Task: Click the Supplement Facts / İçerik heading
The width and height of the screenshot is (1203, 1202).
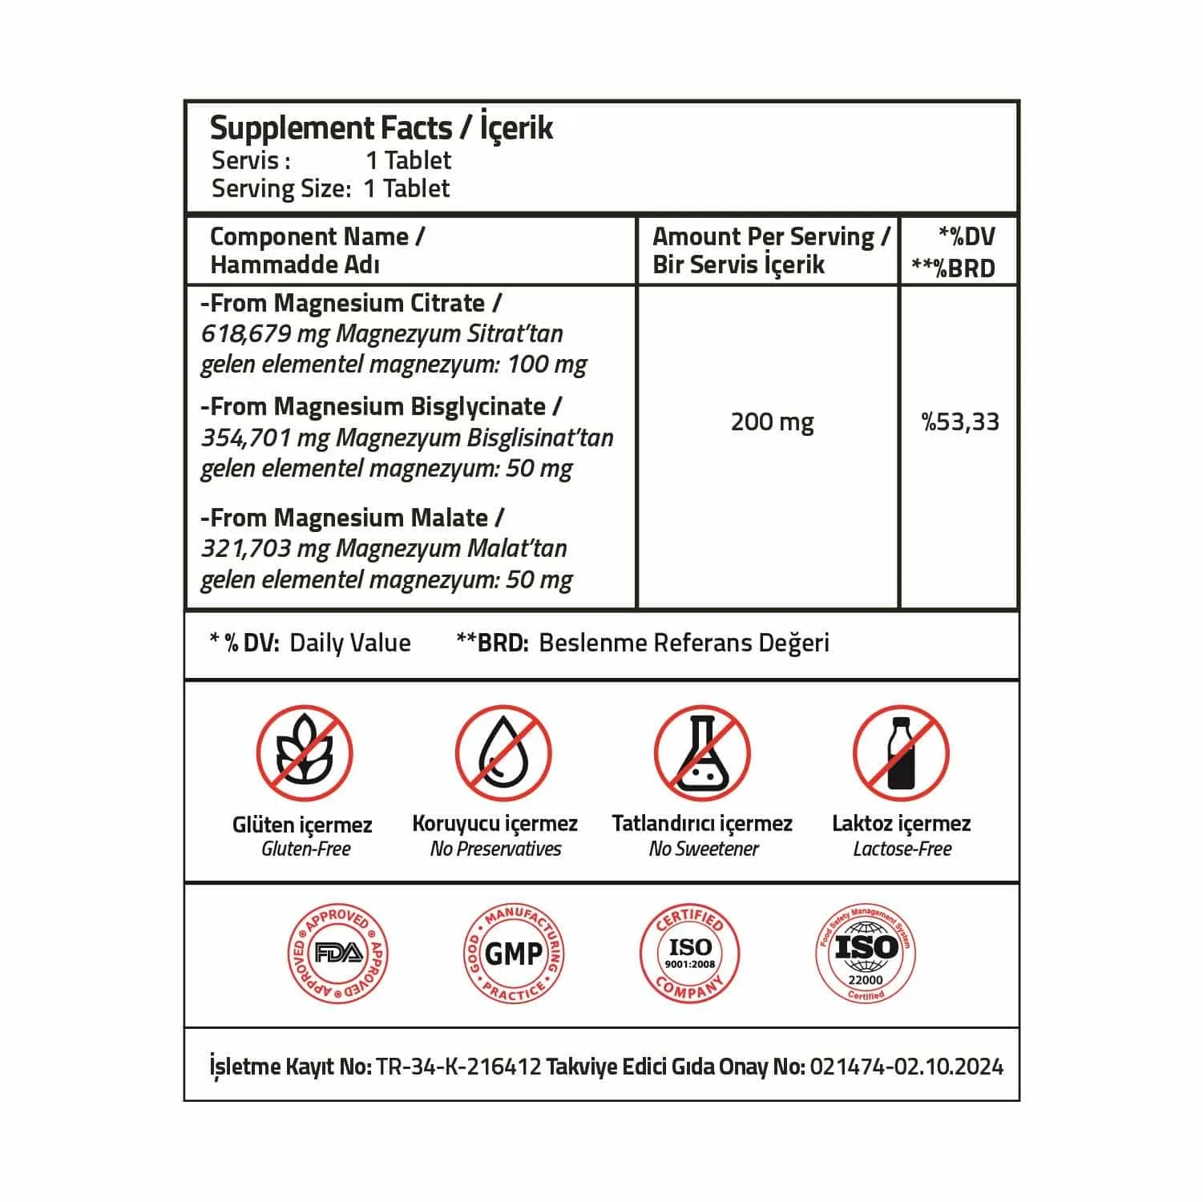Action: click(x=381, y=128)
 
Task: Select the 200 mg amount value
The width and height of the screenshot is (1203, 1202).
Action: click(x=772, y=422)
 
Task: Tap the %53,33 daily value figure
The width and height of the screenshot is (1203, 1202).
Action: click(x=959, y=422)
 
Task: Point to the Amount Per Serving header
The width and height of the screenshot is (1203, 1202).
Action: click(x=770, y=237)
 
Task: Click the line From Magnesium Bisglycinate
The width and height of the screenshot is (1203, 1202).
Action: click(x=381, y=407)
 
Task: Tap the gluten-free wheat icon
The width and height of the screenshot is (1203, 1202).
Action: click(x=304, y=754)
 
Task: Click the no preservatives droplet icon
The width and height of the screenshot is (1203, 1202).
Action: click(x=503, y=754)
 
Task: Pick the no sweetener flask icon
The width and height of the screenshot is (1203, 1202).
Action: click(x=701, y=754)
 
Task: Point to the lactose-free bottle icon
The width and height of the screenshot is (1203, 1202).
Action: click(x=900, y=754)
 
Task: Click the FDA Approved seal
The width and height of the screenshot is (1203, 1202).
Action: click(x=337, y=953)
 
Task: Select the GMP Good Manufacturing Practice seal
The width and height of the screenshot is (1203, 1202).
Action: click(x=514, y=953)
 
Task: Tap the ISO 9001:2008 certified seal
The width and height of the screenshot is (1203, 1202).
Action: click(x=689, y=953)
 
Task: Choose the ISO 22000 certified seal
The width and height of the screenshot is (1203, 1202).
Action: click(x=865, y=953)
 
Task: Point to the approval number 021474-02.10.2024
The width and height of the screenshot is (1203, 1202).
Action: click(x=906, y=1067)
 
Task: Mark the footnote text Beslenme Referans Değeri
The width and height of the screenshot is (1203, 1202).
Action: click(x=684, y=643)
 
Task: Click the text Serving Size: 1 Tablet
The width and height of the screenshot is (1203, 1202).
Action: click(x=330, y=189)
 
